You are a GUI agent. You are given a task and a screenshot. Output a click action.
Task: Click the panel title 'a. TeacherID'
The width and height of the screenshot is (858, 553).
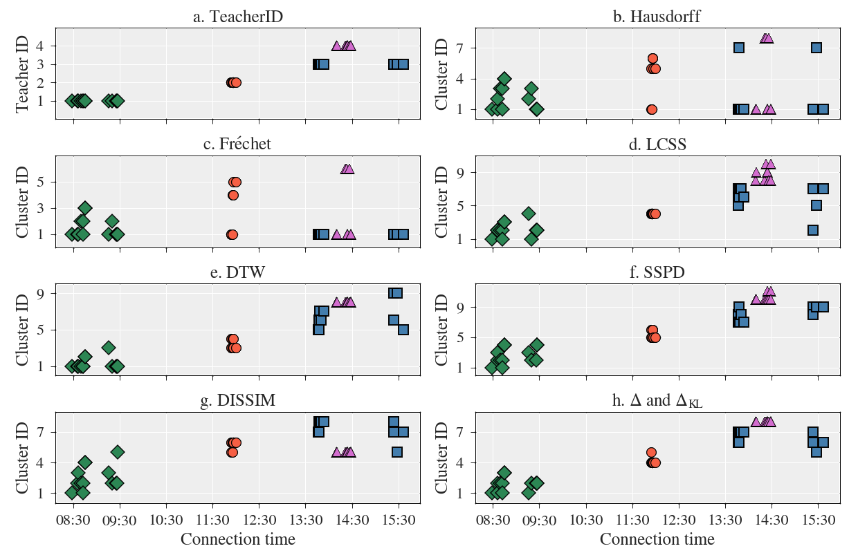click(x=237, y=17)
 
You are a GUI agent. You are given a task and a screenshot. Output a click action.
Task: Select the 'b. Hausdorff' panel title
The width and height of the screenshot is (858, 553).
click(x=657, y=17)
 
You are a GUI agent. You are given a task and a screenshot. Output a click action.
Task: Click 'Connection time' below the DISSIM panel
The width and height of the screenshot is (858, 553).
click(x=237, y=539)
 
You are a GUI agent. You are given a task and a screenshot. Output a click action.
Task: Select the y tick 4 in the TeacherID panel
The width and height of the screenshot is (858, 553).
click(x=42, y=46)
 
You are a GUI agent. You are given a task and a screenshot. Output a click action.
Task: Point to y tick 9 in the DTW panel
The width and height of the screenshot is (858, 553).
click(x=42, y=293)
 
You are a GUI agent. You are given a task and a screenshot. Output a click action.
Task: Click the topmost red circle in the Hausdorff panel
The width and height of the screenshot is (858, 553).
click(x=652, y=59)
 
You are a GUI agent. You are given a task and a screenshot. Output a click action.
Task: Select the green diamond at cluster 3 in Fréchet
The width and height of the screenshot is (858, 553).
click(x=85, y=207)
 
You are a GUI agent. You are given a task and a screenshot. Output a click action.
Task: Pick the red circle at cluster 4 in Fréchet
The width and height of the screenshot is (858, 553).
click(x=233, y=195)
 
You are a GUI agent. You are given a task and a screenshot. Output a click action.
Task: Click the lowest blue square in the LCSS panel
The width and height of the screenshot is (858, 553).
click(x=813, y=230)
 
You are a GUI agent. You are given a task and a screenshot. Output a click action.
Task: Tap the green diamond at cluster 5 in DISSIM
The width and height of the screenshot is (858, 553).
click(x=118, y=452)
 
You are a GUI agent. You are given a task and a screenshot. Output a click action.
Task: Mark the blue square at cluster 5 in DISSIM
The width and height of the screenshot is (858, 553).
click(x=397, y=452)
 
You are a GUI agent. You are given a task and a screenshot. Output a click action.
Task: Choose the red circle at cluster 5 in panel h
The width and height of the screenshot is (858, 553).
click(x=651, y=453)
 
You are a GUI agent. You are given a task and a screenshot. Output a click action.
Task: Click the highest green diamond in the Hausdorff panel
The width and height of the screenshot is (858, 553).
click(x=504, y=79)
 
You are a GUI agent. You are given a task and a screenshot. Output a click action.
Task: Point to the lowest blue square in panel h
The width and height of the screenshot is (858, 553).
click(x=816, y=452)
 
